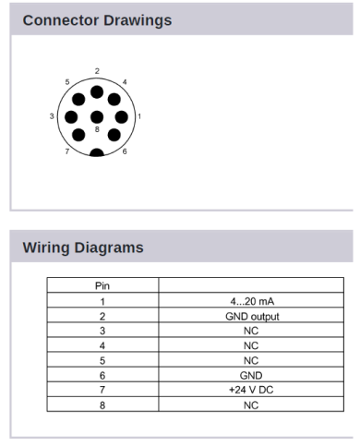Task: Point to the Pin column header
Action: click(103, 286)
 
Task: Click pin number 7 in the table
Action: click(103, 390)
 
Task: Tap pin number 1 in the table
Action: click(103, 301)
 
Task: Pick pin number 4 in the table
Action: click(103, 345)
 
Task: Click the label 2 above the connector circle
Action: click(96, 70)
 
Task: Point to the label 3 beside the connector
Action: click(52, 116)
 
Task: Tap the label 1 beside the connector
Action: click(138, 116)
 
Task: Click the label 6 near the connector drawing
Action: click(125, 151)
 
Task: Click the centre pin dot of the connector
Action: click(96, 117)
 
